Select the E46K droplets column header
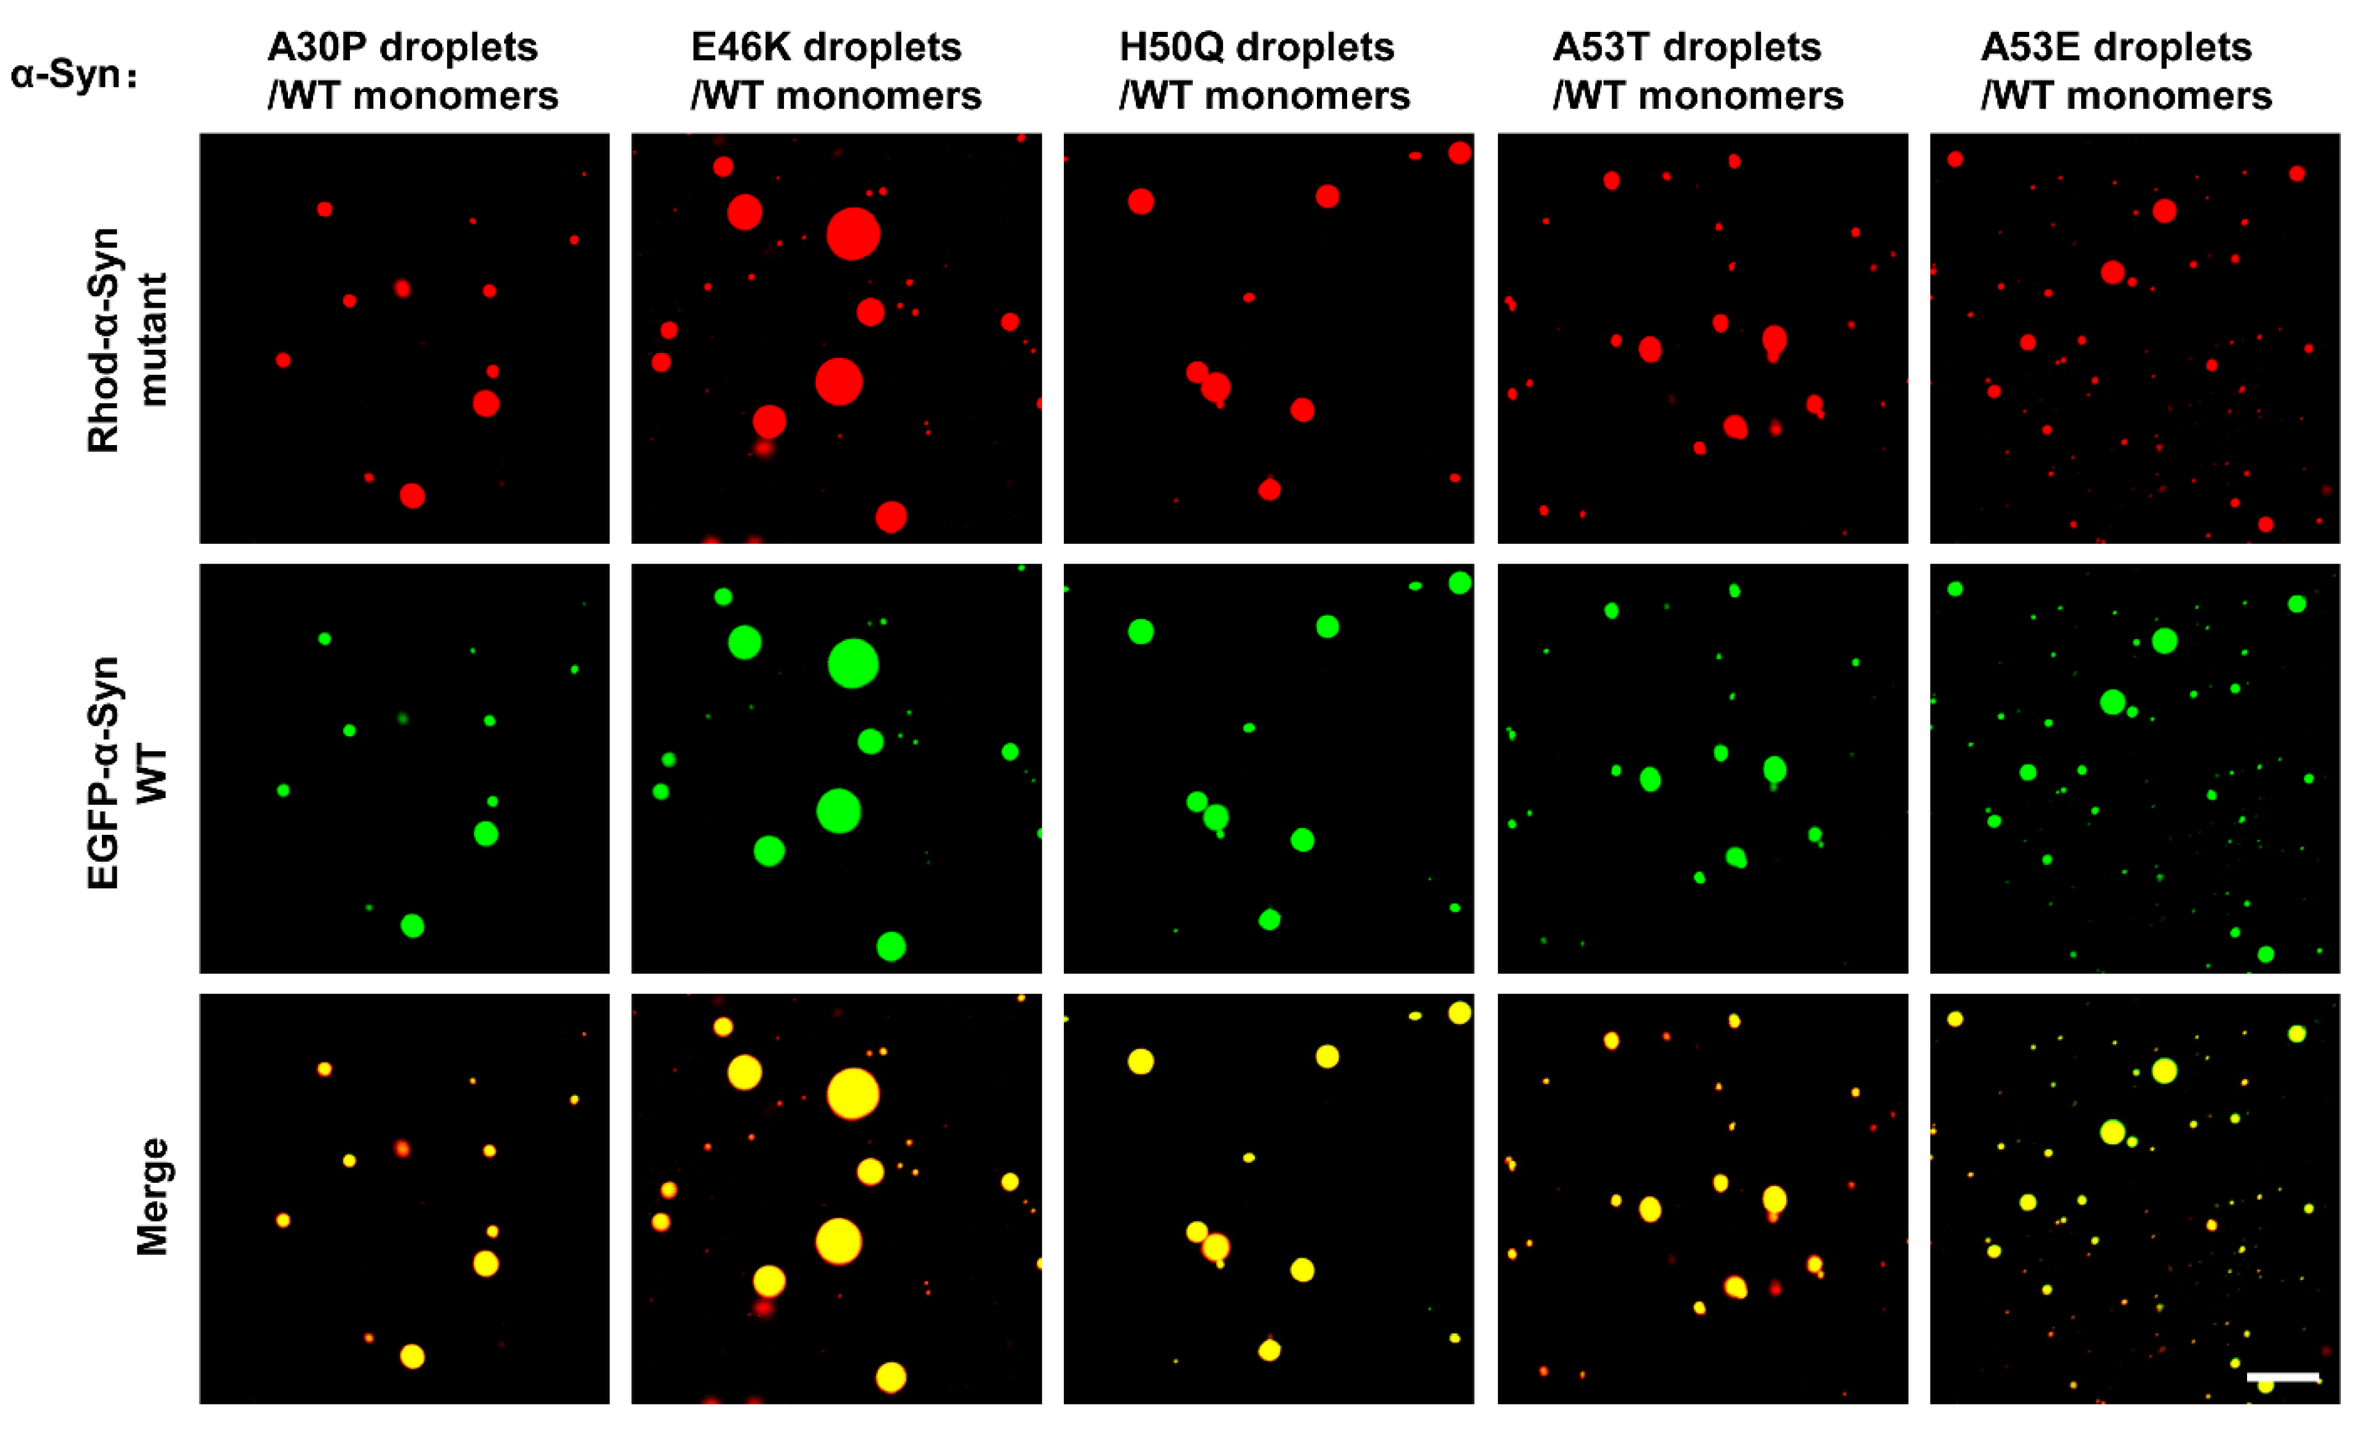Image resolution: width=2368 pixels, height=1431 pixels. pos(835,71)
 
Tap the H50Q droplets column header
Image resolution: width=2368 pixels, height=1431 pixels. pos(1264,71)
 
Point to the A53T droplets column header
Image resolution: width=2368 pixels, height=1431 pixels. pos(1697,71)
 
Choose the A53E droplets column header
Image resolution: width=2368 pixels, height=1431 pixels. pos(2126,71)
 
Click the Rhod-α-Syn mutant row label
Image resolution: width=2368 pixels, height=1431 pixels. pos(127,339)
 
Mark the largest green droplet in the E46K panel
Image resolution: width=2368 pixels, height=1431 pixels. pos(852,664)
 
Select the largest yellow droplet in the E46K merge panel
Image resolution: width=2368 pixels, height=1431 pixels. pos(852,1094)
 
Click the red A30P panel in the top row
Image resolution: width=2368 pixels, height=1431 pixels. pos(403,338)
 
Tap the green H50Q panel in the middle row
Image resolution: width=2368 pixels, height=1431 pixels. pos(1268,769)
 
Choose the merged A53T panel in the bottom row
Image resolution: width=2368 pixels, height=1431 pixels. pos(1702,1198)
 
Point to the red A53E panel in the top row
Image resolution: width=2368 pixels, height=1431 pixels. pos(2135,338)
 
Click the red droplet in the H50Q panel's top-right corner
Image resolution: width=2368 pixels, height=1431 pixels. pos(1459,153)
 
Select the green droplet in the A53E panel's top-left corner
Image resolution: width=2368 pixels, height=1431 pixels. pos(1955,588)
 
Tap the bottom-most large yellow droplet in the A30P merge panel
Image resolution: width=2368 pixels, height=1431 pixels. pos(413,1356)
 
